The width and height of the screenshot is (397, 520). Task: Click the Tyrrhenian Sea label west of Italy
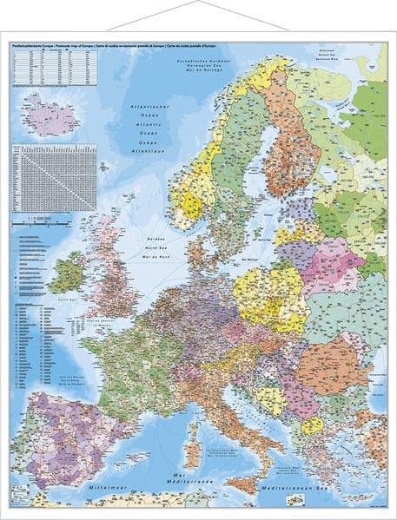(x=213, y=455)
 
